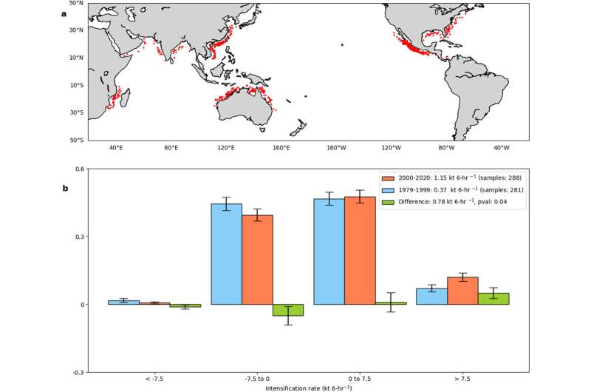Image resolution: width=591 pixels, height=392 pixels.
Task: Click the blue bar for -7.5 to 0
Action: click(227, 254)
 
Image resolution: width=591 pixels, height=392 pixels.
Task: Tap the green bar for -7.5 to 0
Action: click(287, 310)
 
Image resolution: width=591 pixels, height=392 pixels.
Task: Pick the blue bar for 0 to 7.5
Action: click(329, 251)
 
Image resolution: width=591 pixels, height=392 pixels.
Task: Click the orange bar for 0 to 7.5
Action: click(360, 251)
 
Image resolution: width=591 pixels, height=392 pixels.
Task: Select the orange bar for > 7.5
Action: click(462, 291)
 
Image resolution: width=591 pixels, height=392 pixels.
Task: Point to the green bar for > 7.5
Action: click(493, 299)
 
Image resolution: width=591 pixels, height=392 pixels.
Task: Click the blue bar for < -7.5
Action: click(123, 303)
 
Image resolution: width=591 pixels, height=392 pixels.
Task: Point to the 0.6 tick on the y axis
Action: click(77, 169)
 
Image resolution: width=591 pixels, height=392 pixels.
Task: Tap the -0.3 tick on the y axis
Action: click(75, 372)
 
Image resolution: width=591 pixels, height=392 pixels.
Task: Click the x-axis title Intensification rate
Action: click(308, 388)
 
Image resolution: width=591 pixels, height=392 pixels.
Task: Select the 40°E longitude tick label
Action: click(116, 148)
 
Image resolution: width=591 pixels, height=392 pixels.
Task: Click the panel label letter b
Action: click(64, 188)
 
